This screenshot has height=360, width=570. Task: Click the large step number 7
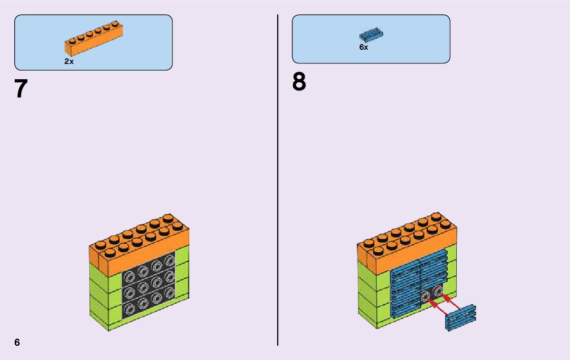pyautogui.click(x=20, y=89)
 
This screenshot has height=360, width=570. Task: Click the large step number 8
pyautogui.click(x=299, y=82)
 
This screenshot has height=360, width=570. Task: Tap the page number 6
pyautogui.click(x=17, y=342)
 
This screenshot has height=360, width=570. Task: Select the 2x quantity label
pyautogui.click(x=69, y=61)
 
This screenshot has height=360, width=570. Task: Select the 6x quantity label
pyautogui.click(x=363, y=47)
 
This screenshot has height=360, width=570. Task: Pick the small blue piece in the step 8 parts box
pyautogui.click(x=371, y=35)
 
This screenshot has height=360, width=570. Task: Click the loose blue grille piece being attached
pyautogui.click(x=461, y=318)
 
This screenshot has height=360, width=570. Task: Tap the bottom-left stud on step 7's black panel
pyautogui.click(x=130, y=308)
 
